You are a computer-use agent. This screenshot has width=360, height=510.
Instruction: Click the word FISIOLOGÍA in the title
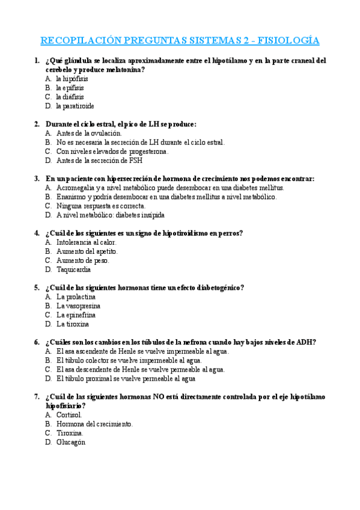coord(288,41)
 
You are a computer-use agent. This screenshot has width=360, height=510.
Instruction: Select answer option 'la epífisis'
coord(70,88)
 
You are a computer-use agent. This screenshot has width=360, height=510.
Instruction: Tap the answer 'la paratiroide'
coord(75,106)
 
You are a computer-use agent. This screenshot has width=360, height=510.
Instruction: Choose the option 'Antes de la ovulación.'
coord(89,133)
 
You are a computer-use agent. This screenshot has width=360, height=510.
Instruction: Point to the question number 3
coord(37,179)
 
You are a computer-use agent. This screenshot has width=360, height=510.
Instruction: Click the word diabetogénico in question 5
coord(216,287)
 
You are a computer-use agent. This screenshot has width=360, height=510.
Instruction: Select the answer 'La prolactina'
coord(76,296)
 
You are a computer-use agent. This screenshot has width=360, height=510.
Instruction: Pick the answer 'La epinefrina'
coord(76,315)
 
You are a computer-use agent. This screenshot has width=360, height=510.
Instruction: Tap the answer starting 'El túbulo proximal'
coord(126,379)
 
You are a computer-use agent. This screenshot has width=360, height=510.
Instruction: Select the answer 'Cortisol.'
coord(69,415)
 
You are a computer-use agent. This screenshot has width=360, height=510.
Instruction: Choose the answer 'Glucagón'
coord(71,442)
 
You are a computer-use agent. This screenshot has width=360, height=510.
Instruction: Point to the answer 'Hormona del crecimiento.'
coord(94,424)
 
